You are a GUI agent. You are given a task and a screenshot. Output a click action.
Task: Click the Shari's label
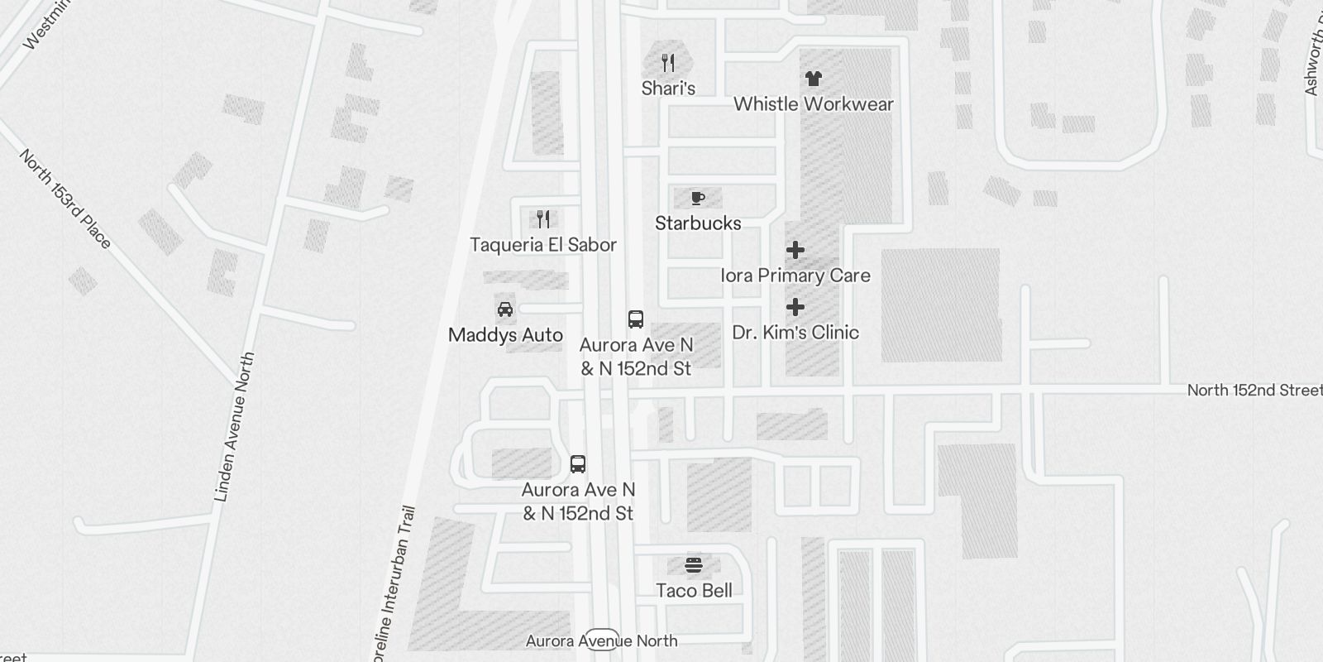668,89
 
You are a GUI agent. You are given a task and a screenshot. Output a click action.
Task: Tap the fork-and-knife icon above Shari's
668,62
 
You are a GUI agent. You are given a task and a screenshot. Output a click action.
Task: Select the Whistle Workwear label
814,104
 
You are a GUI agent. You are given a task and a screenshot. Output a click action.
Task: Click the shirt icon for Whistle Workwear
814,79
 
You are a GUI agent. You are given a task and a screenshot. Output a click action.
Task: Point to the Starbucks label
698,223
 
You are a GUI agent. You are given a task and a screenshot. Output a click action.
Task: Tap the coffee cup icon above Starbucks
698,198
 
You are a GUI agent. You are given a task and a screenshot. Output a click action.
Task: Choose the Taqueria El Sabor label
543,245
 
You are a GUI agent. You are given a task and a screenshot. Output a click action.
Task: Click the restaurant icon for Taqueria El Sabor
543,219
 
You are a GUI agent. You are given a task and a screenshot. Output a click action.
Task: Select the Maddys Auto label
505,335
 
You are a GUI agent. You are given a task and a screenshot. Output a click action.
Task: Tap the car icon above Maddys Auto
505,309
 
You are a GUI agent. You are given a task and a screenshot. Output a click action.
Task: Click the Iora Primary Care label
795,276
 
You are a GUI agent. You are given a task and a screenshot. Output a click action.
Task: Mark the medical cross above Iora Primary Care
795,250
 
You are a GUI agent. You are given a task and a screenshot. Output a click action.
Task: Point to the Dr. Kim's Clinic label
795,333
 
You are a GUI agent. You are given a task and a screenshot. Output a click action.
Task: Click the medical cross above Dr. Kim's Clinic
795,307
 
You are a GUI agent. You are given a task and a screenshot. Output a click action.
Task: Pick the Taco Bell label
694,591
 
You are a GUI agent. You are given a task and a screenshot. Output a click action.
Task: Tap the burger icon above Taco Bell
694,565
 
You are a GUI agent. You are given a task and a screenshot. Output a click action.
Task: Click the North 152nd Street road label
1254,390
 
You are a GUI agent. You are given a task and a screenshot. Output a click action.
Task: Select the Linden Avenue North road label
235,427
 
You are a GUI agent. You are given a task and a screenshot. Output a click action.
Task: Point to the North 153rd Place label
65,199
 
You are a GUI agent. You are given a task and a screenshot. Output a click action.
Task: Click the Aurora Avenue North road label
602,640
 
